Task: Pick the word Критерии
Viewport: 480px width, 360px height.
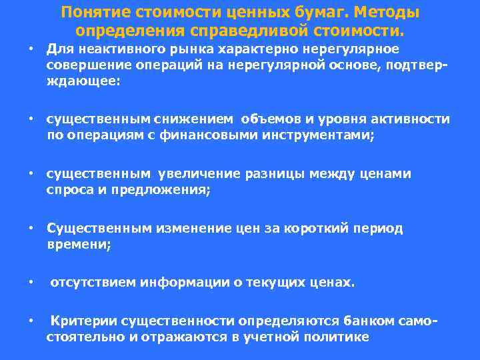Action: click(81, 321)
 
